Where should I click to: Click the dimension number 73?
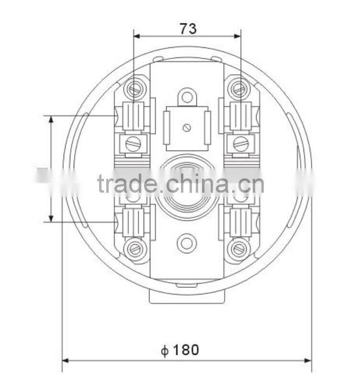[x=188, y=29]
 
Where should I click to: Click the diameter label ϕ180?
[x=180, y=350]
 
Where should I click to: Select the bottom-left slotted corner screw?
[x=135, y=248]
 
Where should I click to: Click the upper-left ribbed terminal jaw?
[x=134, y=116]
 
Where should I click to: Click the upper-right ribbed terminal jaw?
[x=240, y=116]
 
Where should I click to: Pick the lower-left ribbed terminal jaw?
[x=134, y=222]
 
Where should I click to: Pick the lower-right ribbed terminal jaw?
[x=240, y=222]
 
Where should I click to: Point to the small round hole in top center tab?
[x=187, y=97]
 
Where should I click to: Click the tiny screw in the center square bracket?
[x=187, y=127]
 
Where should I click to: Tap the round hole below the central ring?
[x=187, y=243]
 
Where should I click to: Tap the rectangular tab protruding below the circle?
[x=187, y=298]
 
